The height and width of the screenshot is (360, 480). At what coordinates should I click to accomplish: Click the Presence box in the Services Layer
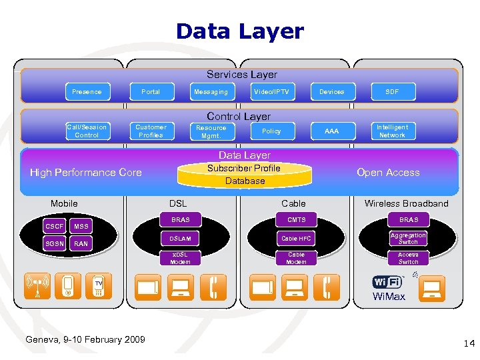coord(87,91)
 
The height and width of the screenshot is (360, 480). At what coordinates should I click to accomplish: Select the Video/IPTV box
coord(271,91)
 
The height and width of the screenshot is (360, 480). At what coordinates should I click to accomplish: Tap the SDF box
coord(392,91)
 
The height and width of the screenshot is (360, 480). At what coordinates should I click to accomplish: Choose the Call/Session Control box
coord(87,131)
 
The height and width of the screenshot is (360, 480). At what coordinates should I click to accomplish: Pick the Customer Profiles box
coord(151,131)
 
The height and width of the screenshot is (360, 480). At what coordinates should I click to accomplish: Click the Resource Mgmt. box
coord(211,131)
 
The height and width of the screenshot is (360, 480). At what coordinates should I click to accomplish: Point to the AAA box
coord(331,131)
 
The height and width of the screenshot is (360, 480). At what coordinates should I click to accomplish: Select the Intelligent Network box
coord(392,131)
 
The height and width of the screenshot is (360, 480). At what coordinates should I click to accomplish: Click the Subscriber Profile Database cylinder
coord(245,175)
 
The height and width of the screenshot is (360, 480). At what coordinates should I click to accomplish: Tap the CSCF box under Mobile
coord(55,227)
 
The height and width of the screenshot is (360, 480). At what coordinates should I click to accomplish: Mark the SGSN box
coord(55,244)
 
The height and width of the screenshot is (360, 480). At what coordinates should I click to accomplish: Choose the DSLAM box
coord(180,238)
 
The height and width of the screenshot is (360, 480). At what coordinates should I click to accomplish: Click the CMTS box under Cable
coord(296,219)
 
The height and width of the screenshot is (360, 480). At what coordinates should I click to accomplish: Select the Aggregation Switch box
coord(408,238)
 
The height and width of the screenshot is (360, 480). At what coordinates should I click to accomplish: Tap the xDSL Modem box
coord(180,258)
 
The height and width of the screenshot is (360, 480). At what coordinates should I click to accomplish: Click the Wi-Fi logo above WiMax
coord(387,281)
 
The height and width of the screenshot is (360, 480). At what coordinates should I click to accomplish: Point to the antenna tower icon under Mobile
coord(37,287)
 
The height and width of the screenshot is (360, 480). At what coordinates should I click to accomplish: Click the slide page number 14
coord(468,343)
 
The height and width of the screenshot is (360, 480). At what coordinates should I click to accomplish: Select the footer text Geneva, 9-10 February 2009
coord(85,340)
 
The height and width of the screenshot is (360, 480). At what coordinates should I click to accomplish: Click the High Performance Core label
coord(86,173)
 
